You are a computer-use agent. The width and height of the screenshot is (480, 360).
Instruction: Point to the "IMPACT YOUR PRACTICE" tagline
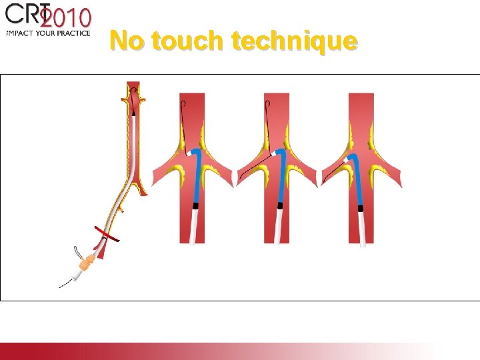coord(48,32)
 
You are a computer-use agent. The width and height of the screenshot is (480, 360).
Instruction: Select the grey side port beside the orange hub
coord(78,253)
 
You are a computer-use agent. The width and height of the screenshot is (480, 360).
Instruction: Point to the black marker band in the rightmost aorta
coord(361,207)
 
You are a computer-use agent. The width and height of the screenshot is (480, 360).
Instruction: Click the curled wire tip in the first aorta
coord(183,104)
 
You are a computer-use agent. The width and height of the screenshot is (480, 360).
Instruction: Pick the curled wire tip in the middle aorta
coord(267,104)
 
